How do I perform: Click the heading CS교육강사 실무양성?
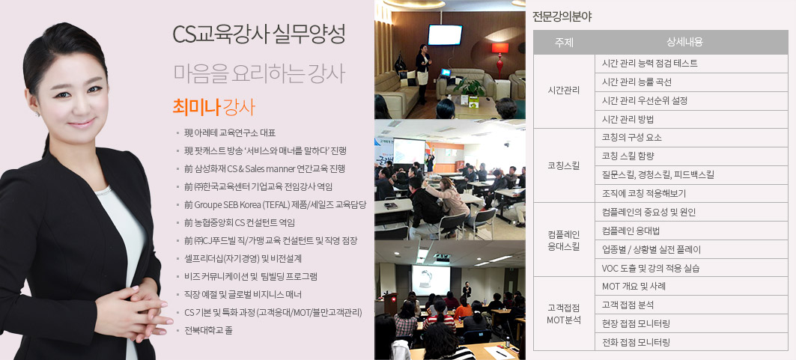click(x=259, y=34)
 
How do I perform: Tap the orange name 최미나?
click(x=196, y=108)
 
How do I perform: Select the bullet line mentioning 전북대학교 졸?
click(x=208, y=331)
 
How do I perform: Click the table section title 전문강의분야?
click(x=562, y=16)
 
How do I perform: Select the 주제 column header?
click(x=564, y=43)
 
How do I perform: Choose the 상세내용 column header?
click(x=684, y=43)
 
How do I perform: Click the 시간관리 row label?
click(x=564, y=91)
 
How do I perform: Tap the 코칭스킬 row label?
click(x=564, y=165)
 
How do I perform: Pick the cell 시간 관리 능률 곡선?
click(x=637, y=82)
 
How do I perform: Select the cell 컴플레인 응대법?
click(x=631, y=231)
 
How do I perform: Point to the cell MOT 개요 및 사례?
click(x=634, y=287)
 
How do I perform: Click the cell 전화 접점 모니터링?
click(x=636, y=342)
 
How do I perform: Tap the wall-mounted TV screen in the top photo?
click(x=445, y=34)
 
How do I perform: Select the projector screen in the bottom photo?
click(x=431, y=281)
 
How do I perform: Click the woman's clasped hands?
click(x=133, y=306)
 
